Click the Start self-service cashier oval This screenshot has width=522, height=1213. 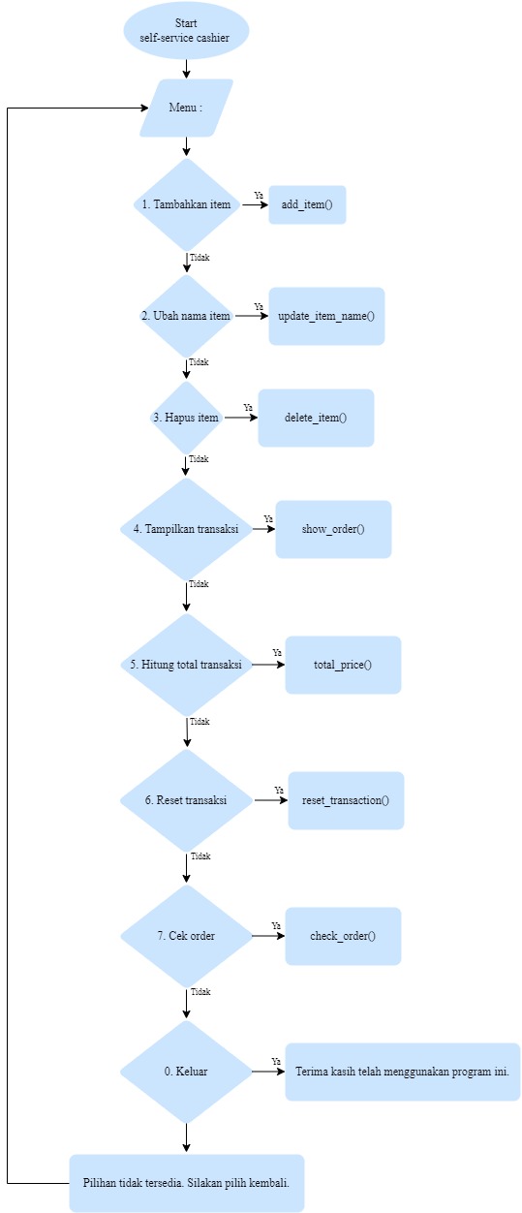click(x=187, y=30)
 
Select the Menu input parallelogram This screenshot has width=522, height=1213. click(x=187, y=108)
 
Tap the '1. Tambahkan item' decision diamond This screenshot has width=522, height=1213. click(x=187, y=204)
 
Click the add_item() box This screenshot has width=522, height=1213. click(x=307, y=204)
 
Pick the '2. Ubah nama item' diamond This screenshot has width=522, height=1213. click(x=187, y=316)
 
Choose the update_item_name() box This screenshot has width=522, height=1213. click(x=326, y=316)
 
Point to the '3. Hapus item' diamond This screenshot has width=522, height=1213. click(x=187, y=418)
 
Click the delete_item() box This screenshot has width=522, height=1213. click(x=316, y=418)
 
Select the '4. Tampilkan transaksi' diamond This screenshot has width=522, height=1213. click(x=187, y=529)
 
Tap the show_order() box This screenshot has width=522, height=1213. click(x=333, y=529)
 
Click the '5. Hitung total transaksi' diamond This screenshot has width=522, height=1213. click(x=187, y=665)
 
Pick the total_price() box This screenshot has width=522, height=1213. click(x=343, y=665)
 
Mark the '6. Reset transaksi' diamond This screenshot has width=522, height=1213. click(x=187, y=800)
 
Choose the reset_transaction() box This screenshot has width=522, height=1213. click(x=346, y=800)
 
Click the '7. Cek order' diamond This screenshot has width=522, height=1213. click(x=187, y=936)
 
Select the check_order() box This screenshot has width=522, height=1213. click(x=343, y=936)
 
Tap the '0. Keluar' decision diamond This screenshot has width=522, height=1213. click(x=187, y=1072)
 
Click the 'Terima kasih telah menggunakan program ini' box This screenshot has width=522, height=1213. click(x=403, y=1072)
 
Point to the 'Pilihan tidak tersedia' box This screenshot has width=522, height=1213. click(x=187, y=1183)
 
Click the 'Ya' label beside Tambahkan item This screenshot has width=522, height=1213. click(x=259, y=195)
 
